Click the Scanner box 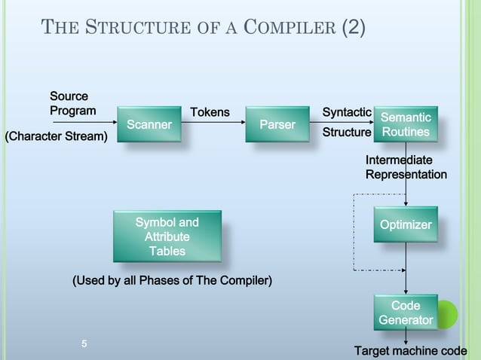[x=149, y=124]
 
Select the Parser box [x=277, y=124]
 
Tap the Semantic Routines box [x=405, y=125]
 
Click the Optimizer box [x=406, y=225]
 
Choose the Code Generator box [x=406, y=313]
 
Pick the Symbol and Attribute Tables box [x=167, y=236]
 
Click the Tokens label [x=210, y=113]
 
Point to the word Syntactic [x=346, y=112]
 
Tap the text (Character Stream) [x=57, y=136]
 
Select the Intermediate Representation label [x=406, y=167]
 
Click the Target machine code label [x=410, y=351]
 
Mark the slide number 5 [x=84, y=344]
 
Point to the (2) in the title [x=354, y=29]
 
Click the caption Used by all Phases [x=172, y=281]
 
